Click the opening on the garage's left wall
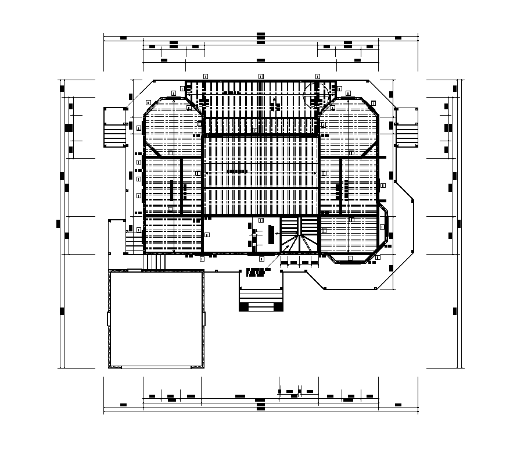[x=109, y=319]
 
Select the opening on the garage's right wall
[x=204, y=319]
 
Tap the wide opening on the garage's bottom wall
[x=156, y=367]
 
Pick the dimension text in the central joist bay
[x=237, y=171]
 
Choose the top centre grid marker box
[x=261, y=76]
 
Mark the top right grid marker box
[x=317, y=76]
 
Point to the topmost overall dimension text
[x=261, y=35]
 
